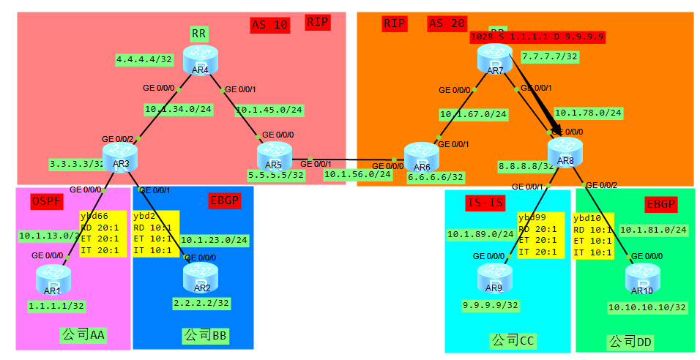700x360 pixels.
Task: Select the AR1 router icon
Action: [x=53, y=277]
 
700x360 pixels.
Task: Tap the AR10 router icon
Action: [x=642, y=277]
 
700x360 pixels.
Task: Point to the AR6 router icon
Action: [x=421, y=155]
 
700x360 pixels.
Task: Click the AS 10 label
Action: [x=270, y=25]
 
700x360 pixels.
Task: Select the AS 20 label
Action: [x=447, y=23]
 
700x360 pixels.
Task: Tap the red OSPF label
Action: [x=48, y=201]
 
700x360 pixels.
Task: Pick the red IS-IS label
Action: [x=484, y=203]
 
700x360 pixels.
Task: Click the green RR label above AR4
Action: [x=198, y=34]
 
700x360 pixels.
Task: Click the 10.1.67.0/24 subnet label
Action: [x=473, y=114]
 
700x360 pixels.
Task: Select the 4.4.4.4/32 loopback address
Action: [x=143, y=59]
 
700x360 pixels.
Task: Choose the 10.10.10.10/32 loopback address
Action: [x=647, y=307]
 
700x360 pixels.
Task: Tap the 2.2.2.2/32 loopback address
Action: [x=201, y=302]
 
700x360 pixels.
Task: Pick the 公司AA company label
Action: [x=83, y=335]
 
